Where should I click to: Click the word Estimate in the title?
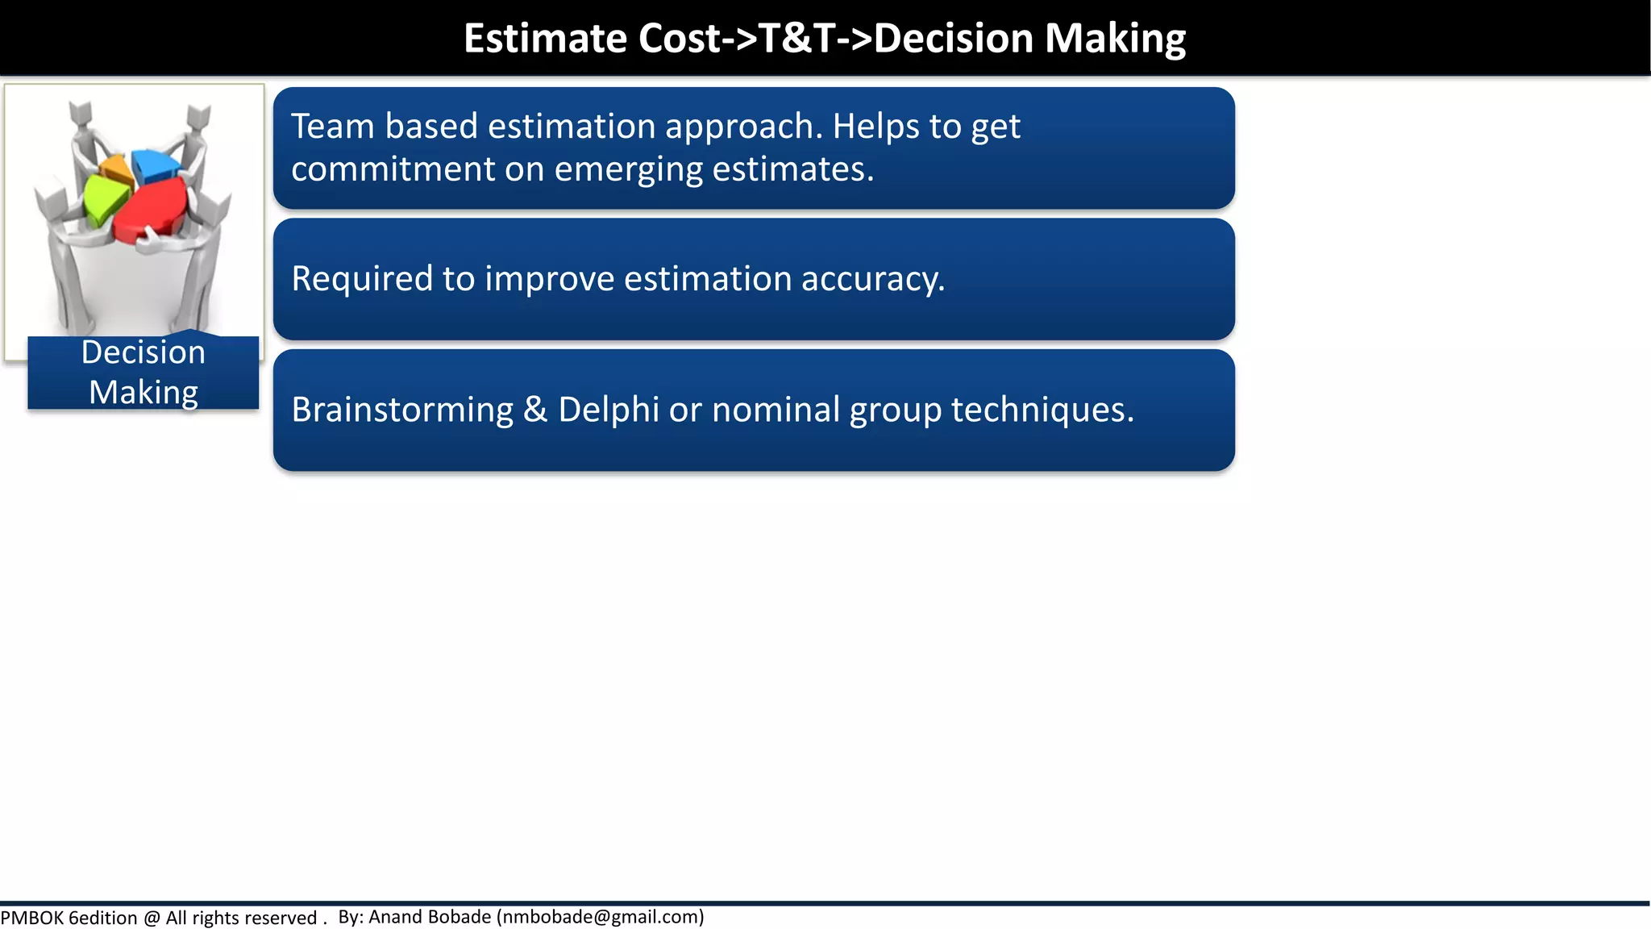545,38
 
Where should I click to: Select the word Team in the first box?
332,127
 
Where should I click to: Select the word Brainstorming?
401,410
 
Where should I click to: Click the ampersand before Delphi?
535,410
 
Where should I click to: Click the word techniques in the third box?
1042,410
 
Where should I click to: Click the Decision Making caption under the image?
143,373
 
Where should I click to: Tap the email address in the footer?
601,917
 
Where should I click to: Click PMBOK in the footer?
32,918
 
